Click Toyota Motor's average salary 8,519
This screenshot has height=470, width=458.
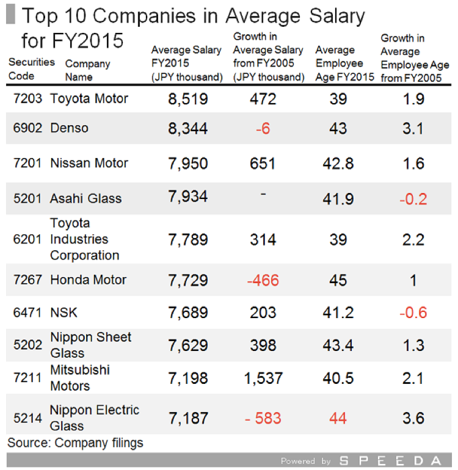coord(187,99)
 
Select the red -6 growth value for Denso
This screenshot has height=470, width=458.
coord(263,128)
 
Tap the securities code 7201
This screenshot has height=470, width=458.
coord(28,164)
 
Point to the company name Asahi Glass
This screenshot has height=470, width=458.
coord(85,198)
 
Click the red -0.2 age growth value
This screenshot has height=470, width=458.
coord(413,198)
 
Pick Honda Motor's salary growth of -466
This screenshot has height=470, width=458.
coord(263,280)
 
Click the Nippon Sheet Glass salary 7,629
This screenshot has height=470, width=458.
coord(187,345)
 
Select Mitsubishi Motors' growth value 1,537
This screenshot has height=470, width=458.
coord(263,378)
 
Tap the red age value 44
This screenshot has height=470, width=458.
coord(338,418)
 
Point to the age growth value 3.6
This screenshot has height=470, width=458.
coord(413,418)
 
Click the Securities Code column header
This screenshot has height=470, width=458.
coord(31,69)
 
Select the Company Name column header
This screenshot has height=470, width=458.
coord(87,70)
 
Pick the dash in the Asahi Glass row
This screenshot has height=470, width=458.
coord(263,193)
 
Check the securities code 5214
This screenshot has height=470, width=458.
coord(28,418)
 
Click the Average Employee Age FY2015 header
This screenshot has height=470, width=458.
coord(344,63)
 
